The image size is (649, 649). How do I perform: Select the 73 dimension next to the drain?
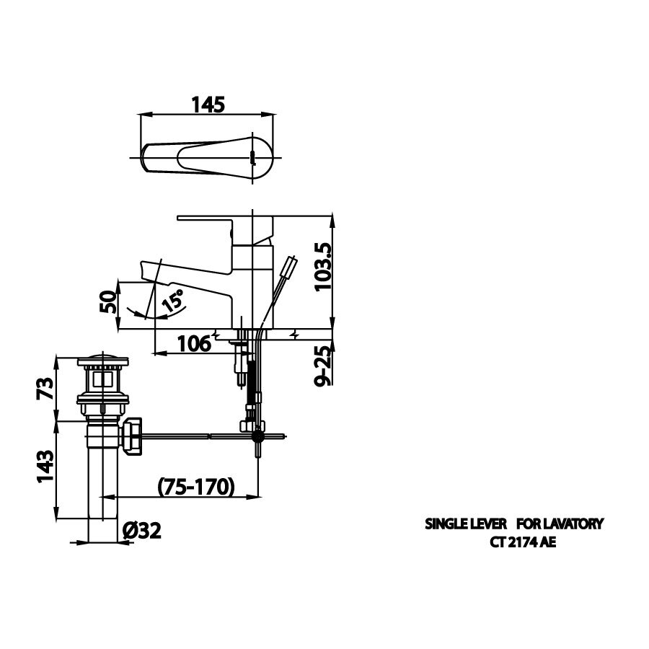pos(44,390)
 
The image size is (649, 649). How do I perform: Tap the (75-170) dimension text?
pos(195,487)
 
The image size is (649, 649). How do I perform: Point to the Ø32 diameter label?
pos(141,531)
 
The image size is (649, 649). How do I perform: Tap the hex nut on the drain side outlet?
pos(133,436)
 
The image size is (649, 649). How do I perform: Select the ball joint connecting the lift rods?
pos(257,436)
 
